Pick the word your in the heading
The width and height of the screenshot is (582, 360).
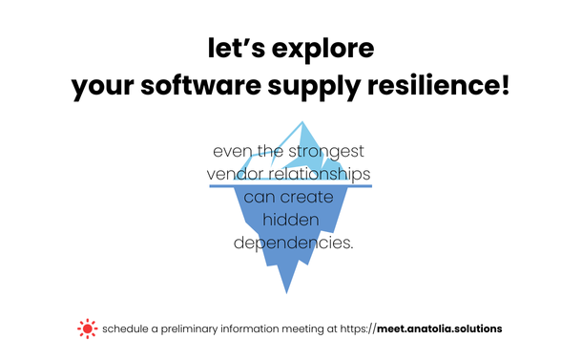tap(105, 89)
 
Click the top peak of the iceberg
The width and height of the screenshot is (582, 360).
tap(303, 122)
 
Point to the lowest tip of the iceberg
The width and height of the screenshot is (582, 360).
tap(283, 292)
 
